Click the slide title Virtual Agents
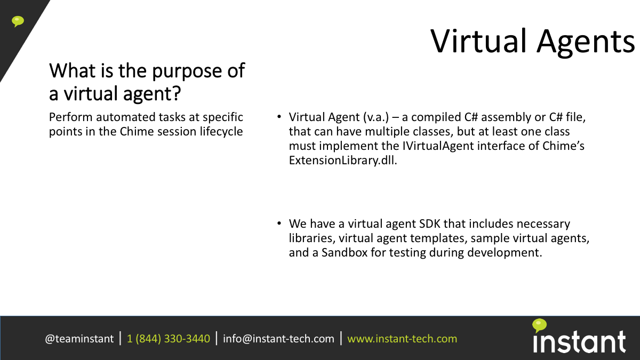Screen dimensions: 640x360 pos(532,42)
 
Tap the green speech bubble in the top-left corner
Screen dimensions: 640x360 pos(18,21)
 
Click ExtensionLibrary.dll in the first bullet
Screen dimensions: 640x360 pos(343,161)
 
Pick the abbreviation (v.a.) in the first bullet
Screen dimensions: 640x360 pos(376,117)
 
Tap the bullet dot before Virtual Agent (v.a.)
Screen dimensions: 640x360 pos(279,117)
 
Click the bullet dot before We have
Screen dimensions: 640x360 pos(279,223)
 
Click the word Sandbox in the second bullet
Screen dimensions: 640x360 pos(345,253)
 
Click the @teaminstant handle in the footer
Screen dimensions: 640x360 pos(79,339)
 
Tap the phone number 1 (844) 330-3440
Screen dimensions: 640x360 pos(169,339)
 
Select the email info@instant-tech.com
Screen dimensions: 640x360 pos(278,339)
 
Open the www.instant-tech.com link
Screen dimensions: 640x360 pos(402,339)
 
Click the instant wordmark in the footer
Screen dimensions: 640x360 pos(579,342)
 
